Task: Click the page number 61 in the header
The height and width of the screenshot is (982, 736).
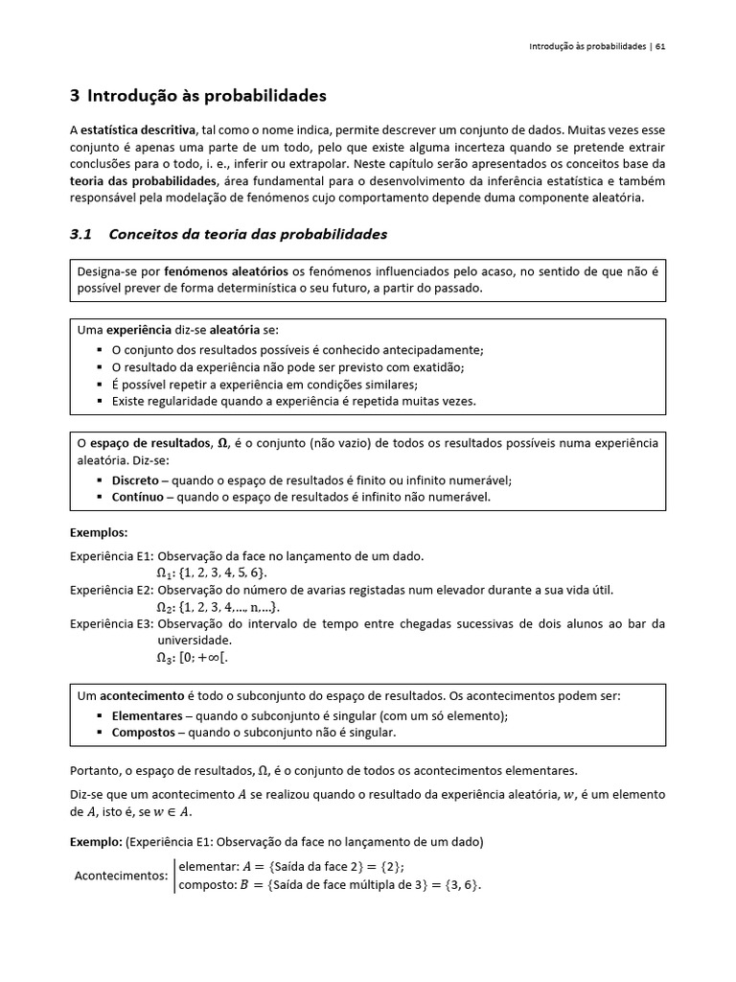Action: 660,46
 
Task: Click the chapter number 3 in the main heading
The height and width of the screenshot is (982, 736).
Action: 75,96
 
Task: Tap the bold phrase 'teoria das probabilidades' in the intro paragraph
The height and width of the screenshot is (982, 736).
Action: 144,181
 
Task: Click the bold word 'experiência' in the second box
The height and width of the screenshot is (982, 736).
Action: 138,330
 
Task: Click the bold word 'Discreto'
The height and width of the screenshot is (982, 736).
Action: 135,479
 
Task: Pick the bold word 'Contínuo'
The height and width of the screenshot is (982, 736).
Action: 136,497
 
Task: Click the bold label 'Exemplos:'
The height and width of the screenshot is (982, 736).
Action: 99,532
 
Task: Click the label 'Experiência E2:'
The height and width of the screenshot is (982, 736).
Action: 112,590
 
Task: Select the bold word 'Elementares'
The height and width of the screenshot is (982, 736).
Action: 147,715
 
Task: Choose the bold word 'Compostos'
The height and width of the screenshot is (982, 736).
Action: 143,733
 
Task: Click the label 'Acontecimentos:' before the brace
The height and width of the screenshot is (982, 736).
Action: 121,875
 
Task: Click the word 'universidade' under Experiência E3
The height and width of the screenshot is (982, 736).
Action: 195,640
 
